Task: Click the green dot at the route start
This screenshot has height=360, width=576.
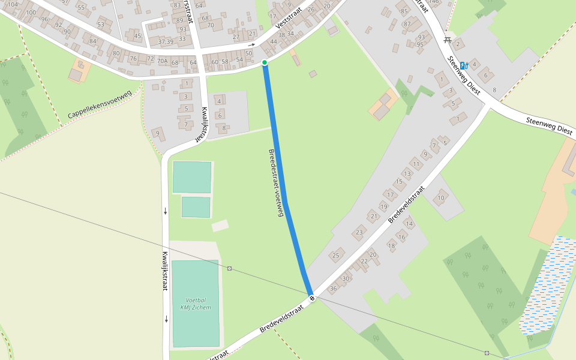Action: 264,62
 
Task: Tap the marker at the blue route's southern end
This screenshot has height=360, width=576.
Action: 311,298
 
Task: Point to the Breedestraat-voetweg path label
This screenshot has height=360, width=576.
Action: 275,182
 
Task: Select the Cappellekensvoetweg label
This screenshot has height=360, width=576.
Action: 99,104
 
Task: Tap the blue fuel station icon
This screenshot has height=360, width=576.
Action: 463,65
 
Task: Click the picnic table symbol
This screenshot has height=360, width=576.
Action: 448,40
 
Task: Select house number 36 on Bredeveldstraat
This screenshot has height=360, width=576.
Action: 333,289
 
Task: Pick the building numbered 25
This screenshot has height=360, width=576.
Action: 336,256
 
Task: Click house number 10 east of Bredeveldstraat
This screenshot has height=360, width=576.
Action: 441,198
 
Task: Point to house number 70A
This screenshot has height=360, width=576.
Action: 162,61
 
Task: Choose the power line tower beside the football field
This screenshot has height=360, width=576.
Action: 229,268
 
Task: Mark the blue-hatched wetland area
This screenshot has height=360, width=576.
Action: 546,285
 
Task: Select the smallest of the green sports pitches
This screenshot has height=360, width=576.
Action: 196,207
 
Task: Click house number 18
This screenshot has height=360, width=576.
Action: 391,245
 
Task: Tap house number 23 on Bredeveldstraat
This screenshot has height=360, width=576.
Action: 359,232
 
